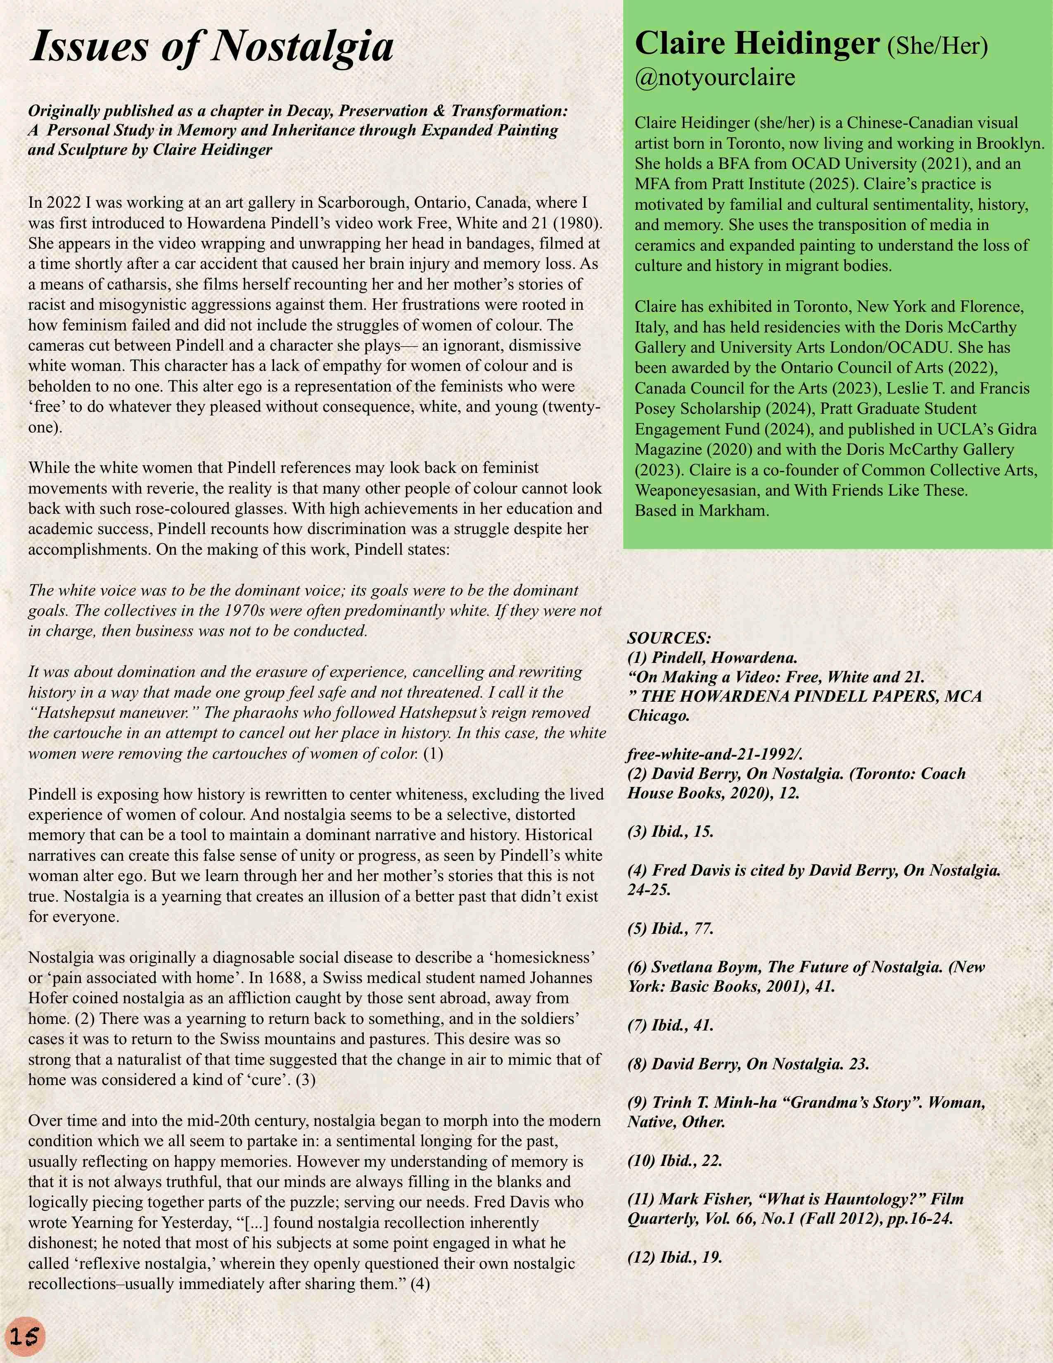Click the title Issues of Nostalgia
pyautogui.click(x=211, y=46)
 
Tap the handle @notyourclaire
pyautogui.click(x=715, y=77)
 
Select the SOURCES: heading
pyautogui.click(x=669, y=638)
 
